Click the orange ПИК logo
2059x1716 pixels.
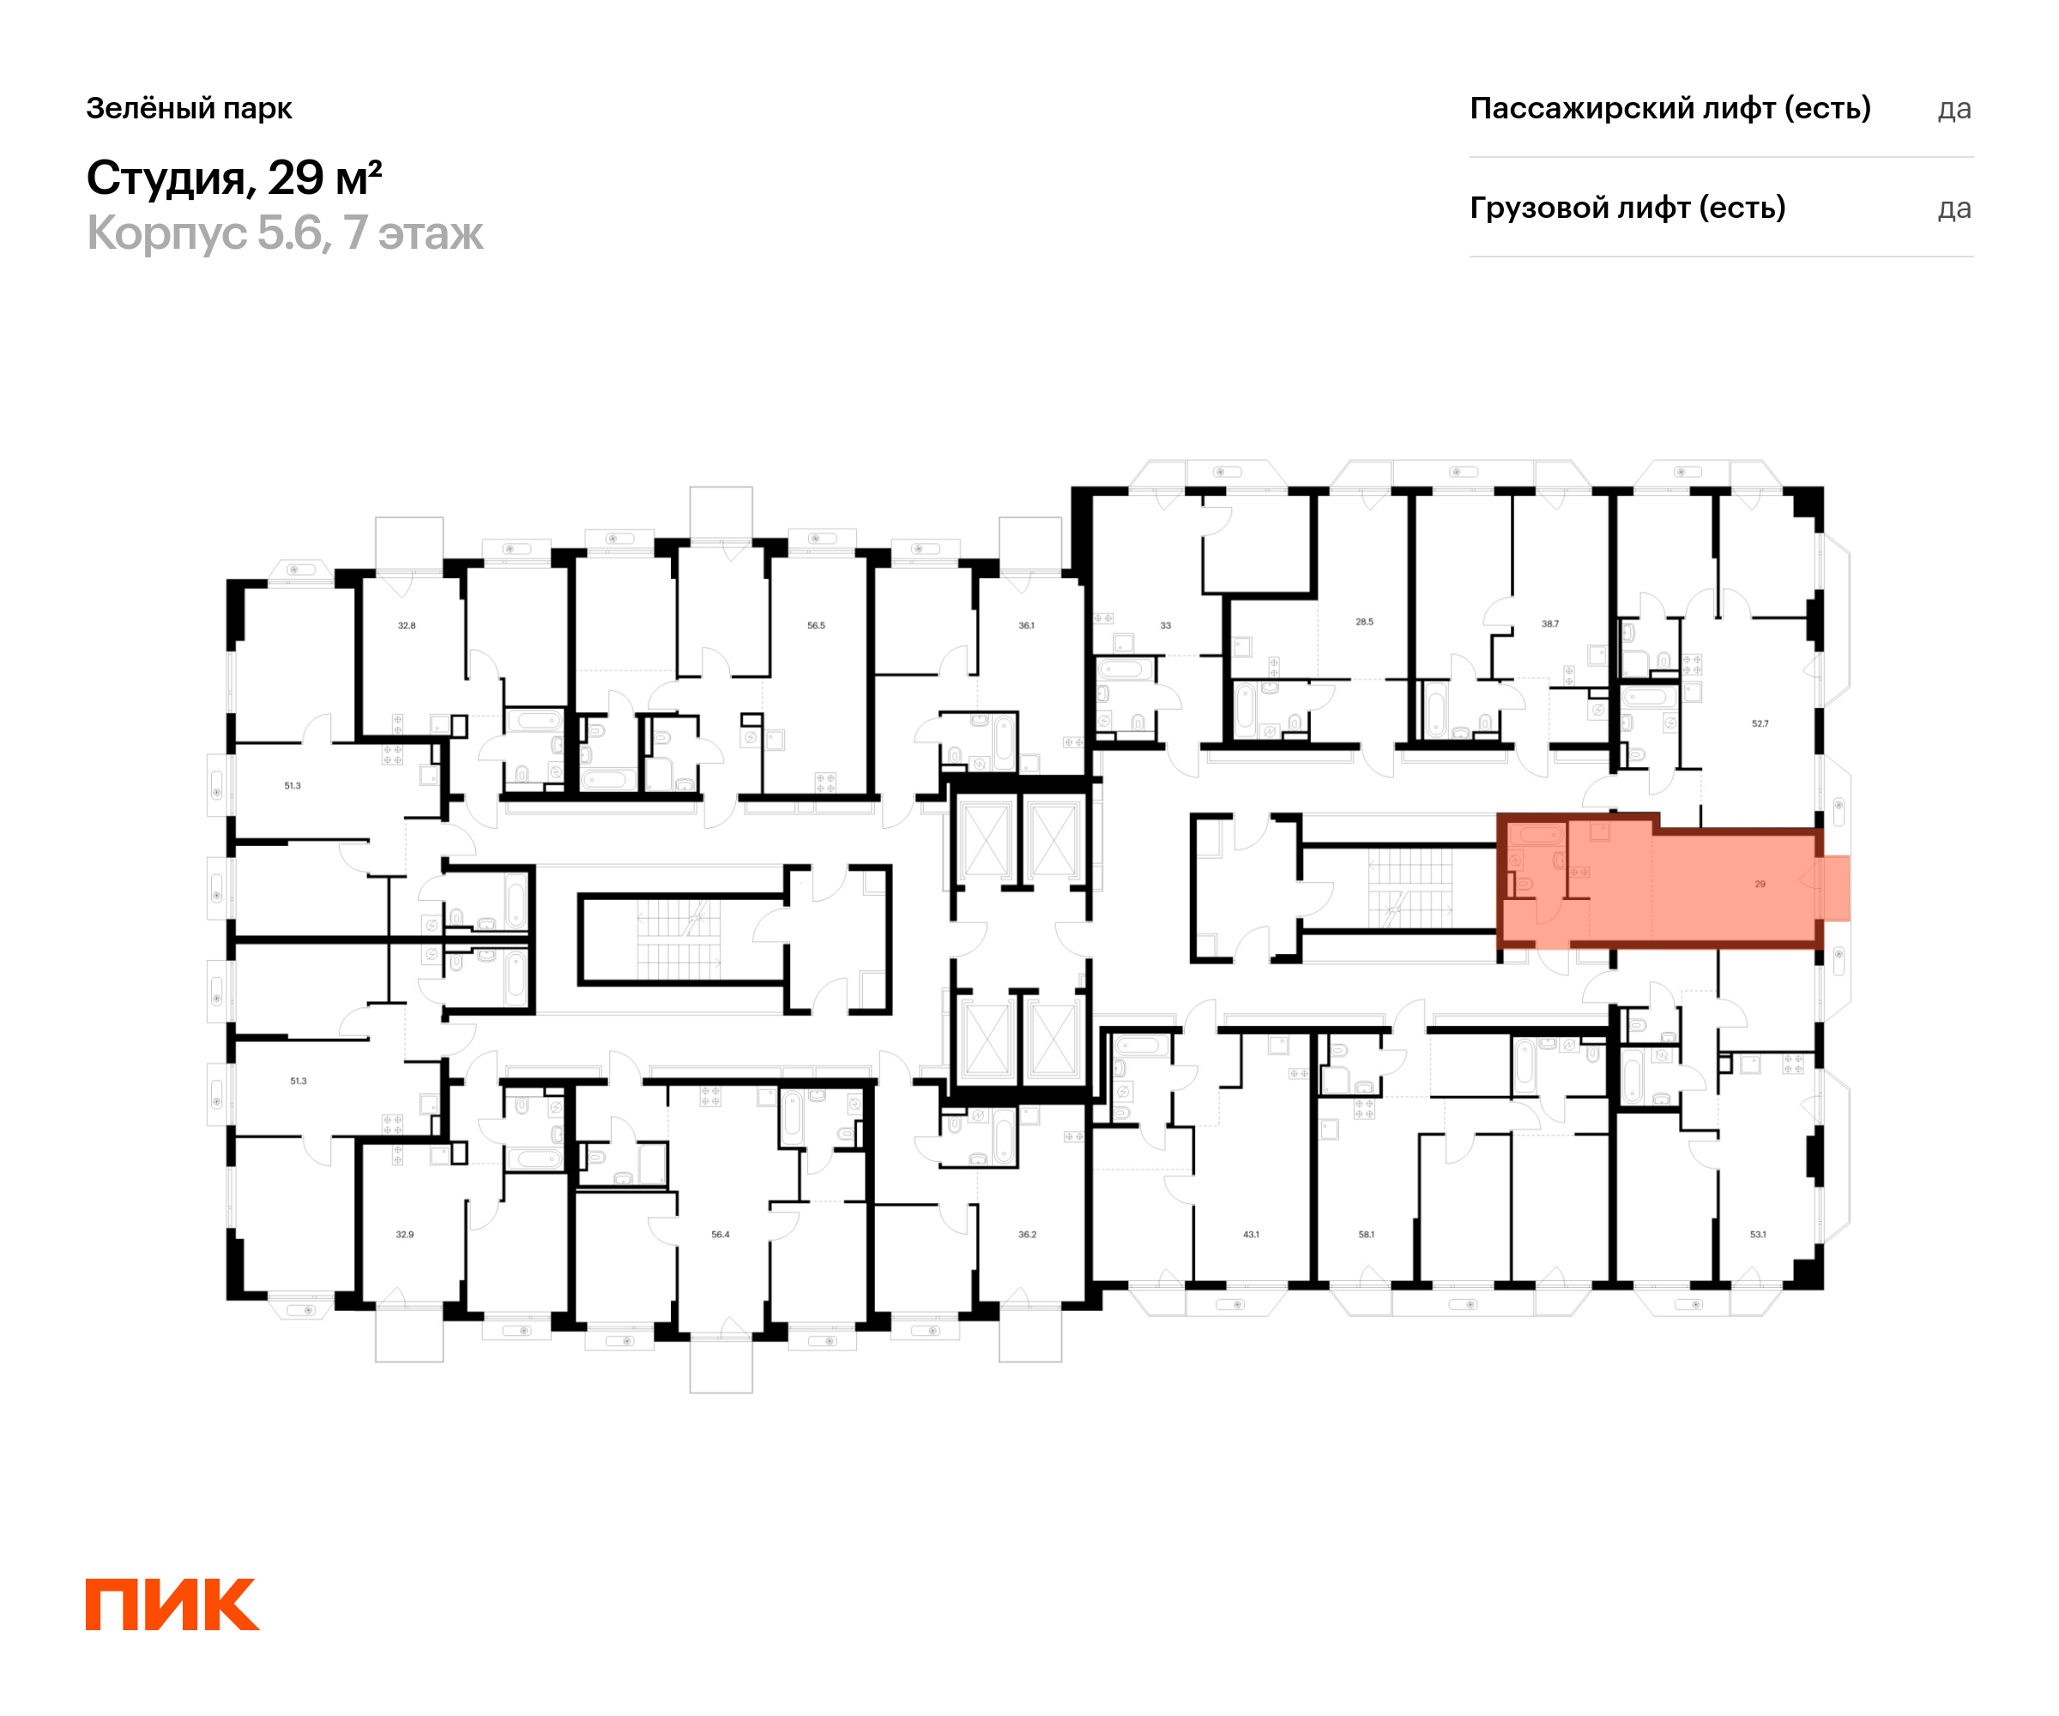(172, 1604)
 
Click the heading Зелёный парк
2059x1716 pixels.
(190, 109)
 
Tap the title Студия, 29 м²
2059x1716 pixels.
(234, 178)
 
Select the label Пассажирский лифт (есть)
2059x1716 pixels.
(1670, 109)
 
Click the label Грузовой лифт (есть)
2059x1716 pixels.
(1627, 208)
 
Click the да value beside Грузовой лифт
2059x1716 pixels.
(1954, 208)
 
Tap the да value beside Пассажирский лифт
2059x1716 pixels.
(1954, 110)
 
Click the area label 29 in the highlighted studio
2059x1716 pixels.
(1760, 884)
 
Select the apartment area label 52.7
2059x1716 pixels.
(1760, 723)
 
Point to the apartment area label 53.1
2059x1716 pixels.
(1758, 1235)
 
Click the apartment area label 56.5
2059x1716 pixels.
(816, 625)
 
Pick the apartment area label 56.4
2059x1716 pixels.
(721, 1235)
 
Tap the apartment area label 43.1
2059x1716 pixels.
(1251, 1235)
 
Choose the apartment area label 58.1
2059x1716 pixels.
(1366, 1235)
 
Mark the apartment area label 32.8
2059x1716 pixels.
(407, 625)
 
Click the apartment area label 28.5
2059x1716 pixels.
(1365, 622)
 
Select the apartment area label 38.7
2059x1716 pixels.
(1550, 624)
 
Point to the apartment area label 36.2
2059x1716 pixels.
(1028, 1235)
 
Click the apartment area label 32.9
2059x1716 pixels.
(405, 1235)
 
